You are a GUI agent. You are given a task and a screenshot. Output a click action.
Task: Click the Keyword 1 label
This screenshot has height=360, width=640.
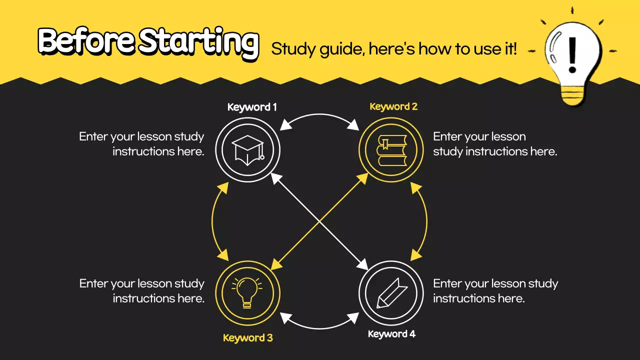tap(252, 107)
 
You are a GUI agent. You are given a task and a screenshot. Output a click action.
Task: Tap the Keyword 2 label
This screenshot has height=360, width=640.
tap(393, 106)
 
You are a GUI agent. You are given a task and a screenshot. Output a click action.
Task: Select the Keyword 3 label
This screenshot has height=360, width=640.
tap(248, 338)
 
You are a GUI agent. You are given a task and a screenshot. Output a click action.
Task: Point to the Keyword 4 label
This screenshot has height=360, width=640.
tap(391, 334)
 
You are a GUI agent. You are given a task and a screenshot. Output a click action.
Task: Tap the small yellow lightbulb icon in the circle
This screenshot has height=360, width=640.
tap(247, 292)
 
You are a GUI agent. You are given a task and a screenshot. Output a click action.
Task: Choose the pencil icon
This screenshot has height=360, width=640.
tap(391, 292)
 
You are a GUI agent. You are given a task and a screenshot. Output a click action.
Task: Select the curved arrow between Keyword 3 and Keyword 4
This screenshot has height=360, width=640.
tap(319, 326)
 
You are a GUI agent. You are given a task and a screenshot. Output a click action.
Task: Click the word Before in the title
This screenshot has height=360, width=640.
tap(85, 41)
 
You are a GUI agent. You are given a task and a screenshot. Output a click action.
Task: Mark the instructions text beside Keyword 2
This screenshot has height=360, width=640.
tap(495, 144)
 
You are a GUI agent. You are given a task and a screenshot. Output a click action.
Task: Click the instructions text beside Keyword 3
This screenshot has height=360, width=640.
tap(142, 291)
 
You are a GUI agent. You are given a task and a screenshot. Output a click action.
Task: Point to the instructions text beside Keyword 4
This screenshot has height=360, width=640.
tap(495, 291)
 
